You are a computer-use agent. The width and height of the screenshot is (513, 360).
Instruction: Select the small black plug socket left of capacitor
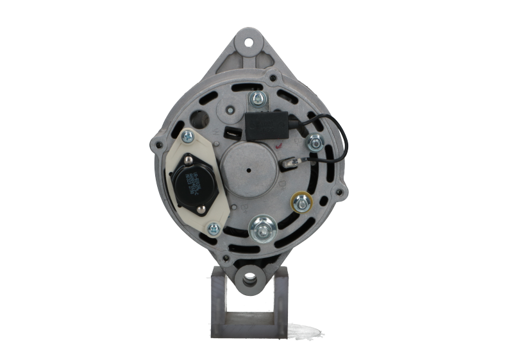[x=231, y=134]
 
